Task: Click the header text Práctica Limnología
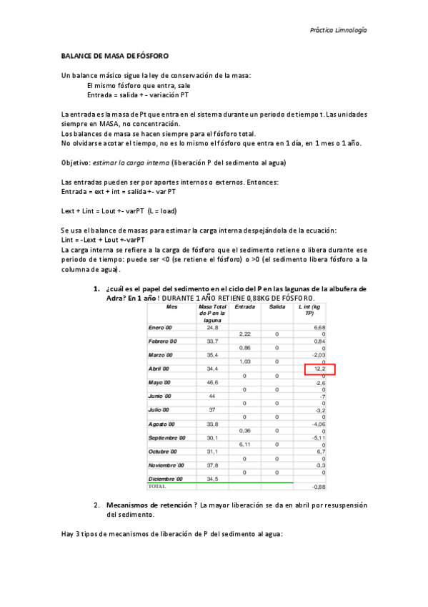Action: tap(339, 31)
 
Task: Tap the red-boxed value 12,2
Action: tap(320, 369)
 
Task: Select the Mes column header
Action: tap(171, 306)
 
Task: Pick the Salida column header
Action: tap(277, 306)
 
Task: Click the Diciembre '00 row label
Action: tap(166, 478)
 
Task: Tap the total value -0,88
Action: tap(319, 487)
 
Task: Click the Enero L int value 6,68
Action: tap(319, 327)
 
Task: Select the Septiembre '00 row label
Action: tap(166, 437)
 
